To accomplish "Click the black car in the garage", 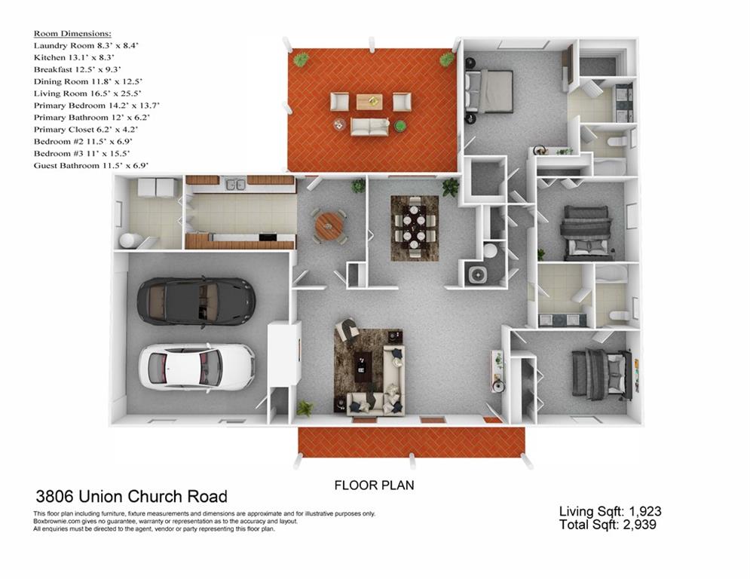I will [195, 301].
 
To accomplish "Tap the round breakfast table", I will [329, 225].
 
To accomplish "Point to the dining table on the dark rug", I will [415, 227].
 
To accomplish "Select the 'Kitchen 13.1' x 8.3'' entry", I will [74, 57].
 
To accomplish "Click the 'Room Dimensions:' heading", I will [72, 34].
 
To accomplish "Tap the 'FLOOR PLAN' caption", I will [374, 486].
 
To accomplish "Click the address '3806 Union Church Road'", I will [132, 497].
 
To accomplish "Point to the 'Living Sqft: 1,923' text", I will [610, 512].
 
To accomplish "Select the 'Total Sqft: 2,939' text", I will [608, 525].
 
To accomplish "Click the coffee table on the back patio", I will [369, 101].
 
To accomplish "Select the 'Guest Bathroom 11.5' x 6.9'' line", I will [90, 165].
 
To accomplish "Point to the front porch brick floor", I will [411, 442].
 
